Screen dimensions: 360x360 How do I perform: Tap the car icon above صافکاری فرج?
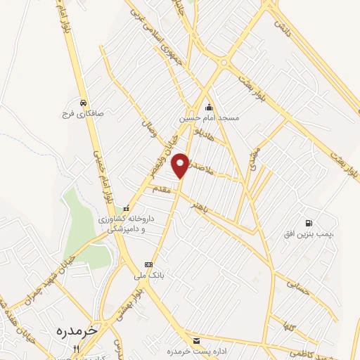click(84, 101)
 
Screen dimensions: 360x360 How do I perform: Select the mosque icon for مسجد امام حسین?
click(209, 108)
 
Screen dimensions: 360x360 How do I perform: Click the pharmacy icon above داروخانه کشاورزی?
click(127, 208)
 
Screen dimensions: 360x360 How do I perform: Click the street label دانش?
click(283, 29)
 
